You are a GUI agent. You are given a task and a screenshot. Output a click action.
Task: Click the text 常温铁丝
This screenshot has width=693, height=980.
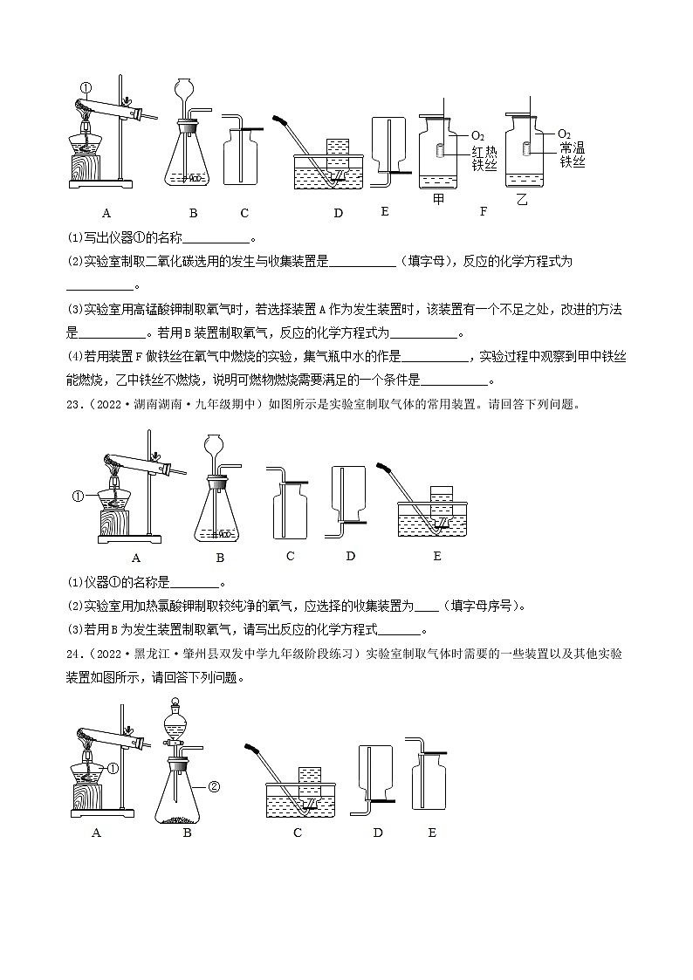click(572, 154)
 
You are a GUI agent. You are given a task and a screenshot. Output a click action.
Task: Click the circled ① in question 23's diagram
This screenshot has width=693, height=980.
click(78, 497)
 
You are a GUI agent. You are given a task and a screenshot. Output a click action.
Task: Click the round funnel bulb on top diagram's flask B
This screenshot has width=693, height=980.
click(184, 89)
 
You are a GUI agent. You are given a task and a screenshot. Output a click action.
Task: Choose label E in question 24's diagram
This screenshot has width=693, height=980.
click(432, 833)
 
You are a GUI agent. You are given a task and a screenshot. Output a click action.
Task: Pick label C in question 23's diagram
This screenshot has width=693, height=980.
click(290, 556)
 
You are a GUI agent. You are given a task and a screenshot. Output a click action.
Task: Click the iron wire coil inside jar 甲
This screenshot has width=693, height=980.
click(443, 150)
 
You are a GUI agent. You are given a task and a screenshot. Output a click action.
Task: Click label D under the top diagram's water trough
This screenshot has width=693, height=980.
click(338, 213)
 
